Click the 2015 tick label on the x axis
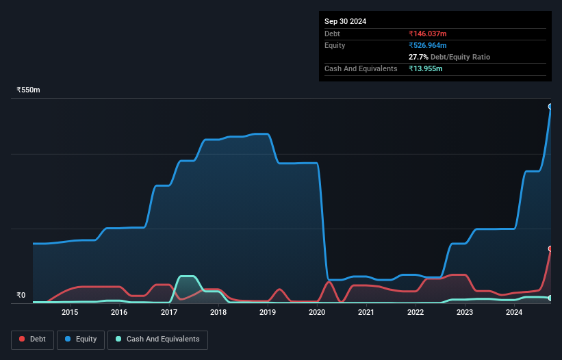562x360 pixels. point(70,313)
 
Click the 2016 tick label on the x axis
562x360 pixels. point(119,313)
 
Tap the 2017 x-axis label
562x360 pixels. point(168,313)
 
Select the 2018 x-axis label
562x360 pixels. point(218,313)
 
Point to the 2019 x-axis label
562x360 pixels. point(268,313)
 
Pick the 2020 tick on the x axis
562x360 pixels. point(317,313)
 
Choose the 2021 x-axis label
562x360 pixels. point(366,313)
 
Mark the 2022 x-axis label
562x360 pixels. point(416,313)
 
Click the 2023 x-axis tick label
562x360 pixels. point(465,313)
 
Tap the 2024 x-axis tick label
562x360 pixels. point(514,313)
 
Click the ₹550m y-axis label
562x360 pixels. point(29,90)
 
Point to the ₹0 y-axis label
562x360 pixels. point(21,296)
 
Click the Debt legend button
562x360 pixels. point(32,339)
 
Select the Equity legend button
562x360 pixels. point(81,339)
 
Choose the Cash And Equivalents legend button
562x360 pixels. point(157,339)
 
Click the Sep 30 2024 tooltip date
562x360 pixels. point(345,21)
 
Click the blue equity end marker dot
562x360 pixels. point(550,107)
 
